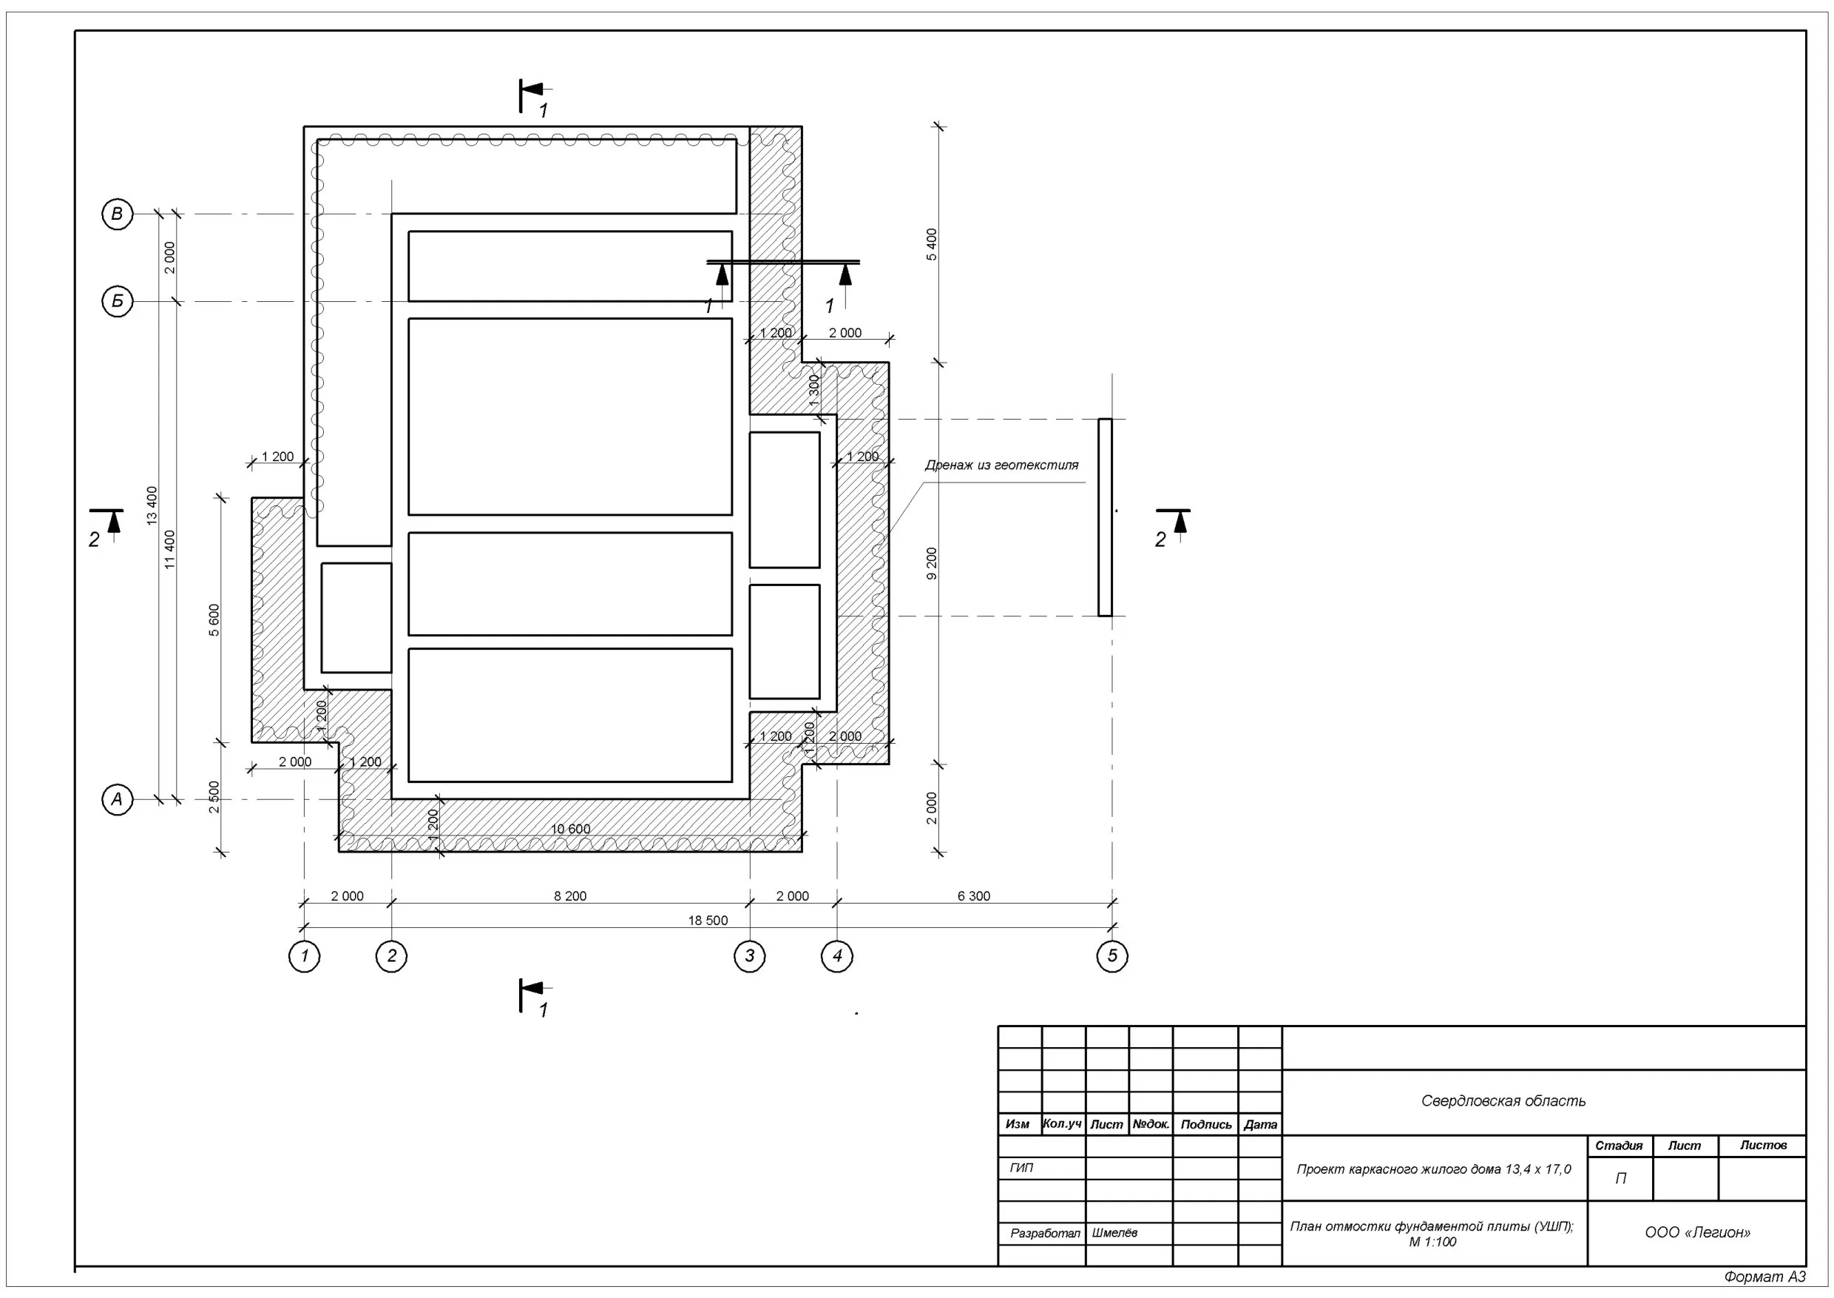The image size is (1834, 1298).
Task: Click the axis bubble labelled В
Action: [x=118, y=214]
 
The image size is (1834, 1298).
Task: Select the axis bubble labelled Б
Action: [x=118, y=301]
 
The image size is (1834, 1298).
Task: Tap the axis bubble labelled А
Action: [x=118, y=798]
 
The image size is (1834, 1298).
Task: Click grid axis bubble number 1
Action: [x=305, y=956]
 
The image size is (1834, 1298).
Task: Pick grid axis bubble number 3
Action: [x=749, y=956]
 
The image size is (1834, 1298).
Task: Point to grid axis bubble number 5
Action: [x=1112, y=956]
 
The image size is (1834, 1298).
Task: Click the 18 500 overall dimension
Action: [x=708, y=921]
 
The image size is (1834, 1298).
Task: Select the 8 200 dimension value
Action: [x=569, y=896]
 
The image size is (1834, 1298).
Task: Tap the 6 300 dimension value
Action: [x=974, y=896]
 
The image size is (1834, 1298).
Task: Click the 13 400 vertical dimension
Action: [x=152, y=505]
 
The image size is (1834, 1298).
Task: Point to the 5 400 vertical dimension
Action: [x=931, y=244]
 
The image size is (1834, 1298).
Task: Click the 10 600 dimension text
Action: [x=570, y=829]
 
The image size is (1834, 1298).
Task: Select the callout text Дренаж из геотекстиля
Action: [x=1001, y=465]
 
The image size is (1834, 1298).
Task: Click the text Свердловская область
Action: [x=1503, y=1100]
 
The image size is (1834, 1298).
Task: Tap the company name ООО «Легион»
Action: [x=1697, y=1232]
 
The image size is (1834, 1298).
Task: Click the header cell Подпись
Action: [x=1205, y=1125]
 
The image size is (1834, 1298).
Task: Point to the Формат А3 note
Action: [x=1764, y=1277]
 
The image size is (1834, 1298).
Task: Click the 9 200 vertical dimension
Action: [x=931, y=563]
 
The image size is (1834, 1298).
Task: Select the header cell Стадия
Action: [x=1619, y=1146]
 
